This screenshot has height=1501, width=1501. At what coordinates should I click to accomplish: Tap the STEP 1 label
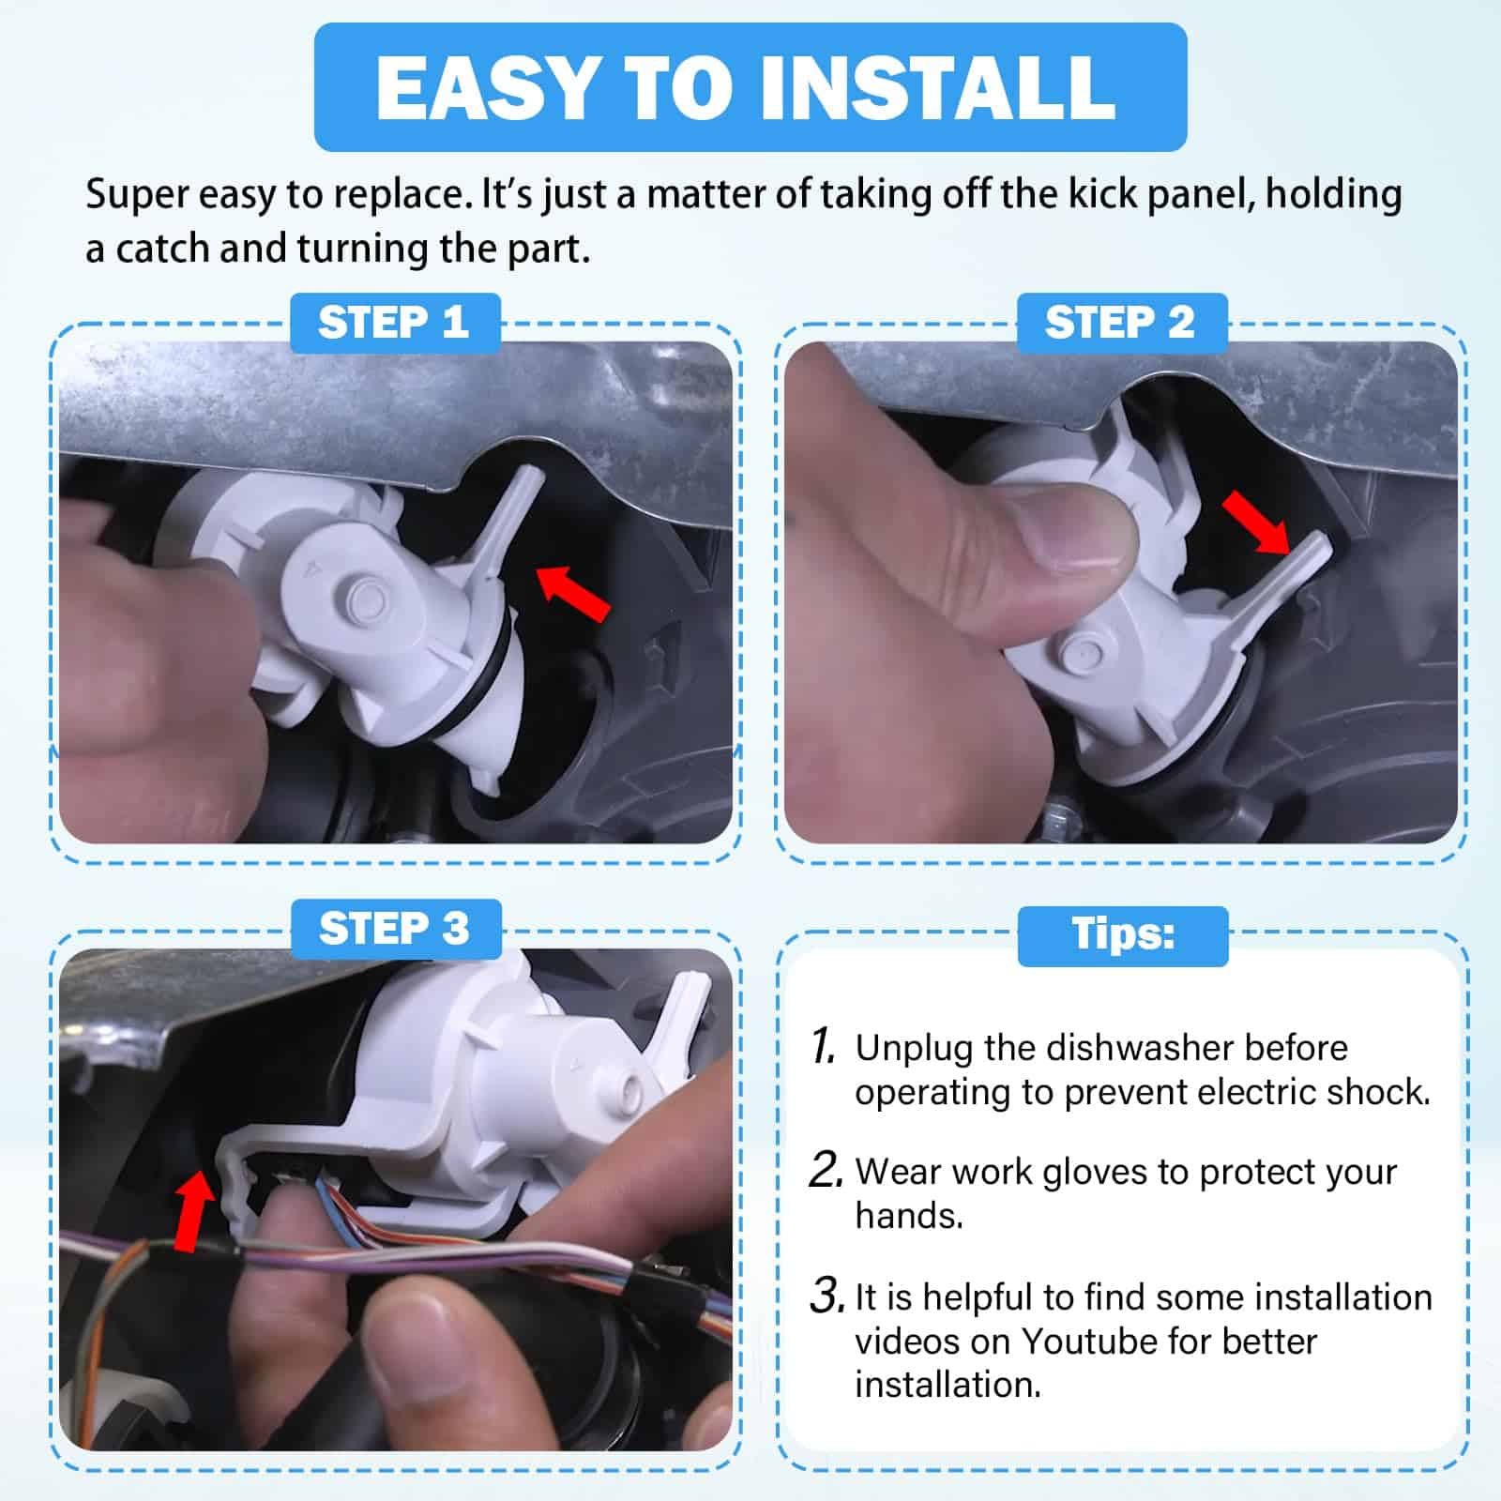click(x=394, y=323)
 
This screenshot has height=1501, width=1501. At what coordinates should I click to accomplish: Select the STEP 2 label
click(x=1121, y=323)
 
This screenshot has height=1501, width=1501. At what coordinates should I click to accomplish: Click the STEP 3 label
click(x=395, y=929)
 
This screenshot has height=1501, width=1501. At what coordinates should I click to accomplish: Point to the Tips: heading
click(x=1123, y=935)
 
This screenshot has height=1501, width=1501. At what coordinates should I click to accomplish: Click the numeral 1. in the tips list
click(x=823, y=1046)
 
